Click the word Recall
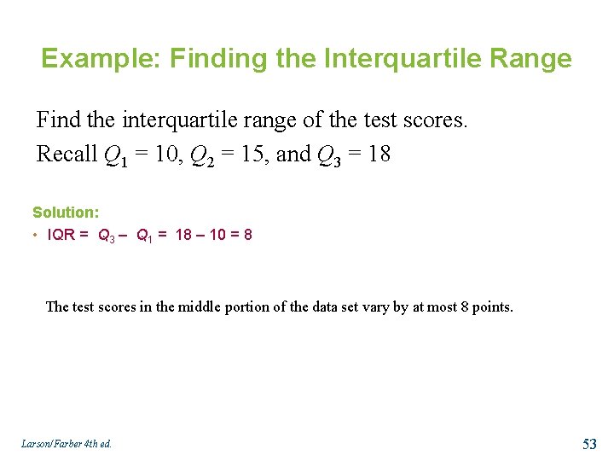(67, 155)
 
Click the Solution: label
(66, 213)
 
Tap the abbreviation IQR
(61, 235)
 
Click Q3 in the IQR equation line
(107, 236)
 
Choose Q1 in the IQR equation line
(144, 236)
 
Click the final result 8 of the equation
(247, 235)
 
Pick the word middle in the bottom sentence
(198, 306)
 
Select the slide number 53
(589, 443)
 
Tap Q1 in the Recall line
(113, 155)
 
